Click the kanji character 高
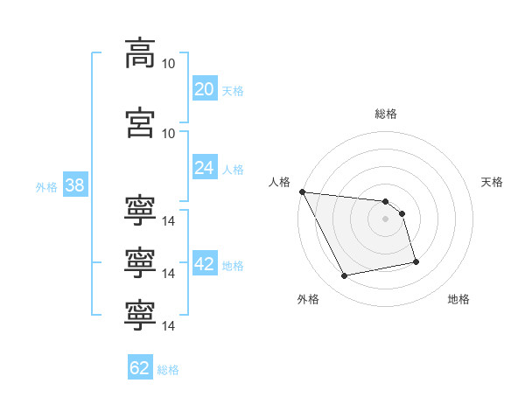pyautogui.click(x=140, y=53)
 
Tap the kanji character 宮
pyautogui.click(x=140, y=122)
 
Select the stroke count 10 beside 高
pyautogui.click(x=168, y=64)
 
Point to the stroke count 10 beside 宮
pyautogui.click(x=168, y=134)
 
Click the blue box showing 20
pyautogui.click(x=205, y=87)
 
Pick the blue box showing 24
pyautogui.click(x=205, y=167)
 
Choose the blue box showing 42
pyautogui.click(x=205, y=262)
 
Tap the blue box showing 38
pyautogui.click(x=75, y=185)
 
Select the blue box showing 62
pyautogui.click(x=140, y=366)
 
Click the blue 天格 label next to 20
pyautogui.click(x=233, y=91)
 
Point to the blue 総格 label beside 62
pyautogui.click(x=168, y=370)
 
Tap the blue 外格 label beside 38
pyautogui.click(x=46, y=187)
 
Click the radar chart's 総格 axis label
pyautogui.click(x=386, y=114)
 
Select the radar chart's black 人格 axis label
pyautogui.click(x=279, y=182)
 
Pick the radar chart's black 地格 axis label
pyautogui.click(x=458, y=299)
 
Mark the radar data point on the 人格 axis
pyautogui.click(x=303, y=192)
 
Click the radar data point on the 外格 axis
pyautogui.click(x=344, y=275)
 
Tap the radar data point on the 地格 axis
pyautogui.click(x=416, y=261)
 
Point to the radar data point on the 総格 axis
pyautogui.click(x=385, y=201)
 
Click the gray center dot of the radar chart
pyautogui.click(x=385, y=219)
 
